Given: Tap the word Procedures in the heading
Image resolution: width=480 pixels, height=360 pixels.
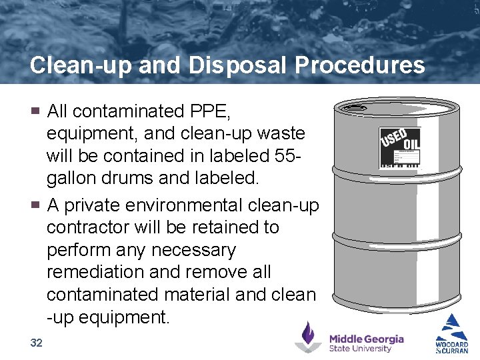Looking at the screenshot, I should pos(359,65).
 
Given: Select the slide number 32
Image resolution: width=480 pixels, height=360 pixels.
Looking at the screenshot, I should pos(37,343).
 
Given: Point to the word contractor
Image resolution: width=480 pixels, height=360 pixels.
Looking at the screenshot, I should pos(87,227).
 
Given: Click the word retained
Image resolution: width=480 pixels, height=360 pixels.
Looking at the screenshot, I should pos(223,227).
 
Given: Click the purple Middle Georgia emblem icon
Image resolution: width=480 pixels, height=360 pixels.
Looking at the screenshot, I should pos(308,337).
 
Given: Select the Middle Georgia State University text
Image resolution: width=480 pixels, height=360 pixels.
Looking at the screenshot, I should pos(366,343).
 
